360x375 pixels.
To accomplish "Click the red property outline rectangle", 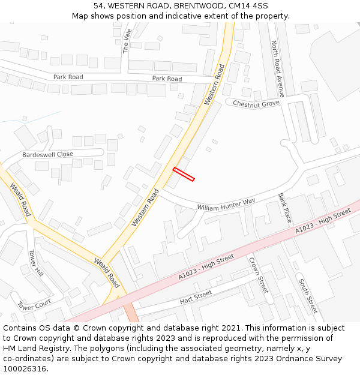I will pos(184,174).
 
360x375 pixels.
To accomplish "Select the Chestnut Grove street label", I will pos(256,104).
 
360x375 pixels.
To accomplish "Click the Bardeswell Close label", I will pos(47,154).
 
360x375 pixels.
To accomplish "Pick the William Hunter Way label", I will pos(226,204).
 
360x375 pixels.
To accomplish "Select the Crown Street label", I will pos(259,275).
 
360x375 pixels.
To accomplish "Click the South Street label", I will pos(307,296).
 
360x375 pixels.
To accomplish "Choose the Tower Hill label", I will pos(36,263).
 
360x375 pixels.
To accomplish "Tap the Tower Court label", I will pos(34,305).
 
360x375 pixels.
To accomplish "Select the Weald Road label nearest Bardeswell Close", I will pos(20,200).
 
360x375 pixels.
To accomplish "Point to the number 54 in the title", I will pos(98,6).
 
